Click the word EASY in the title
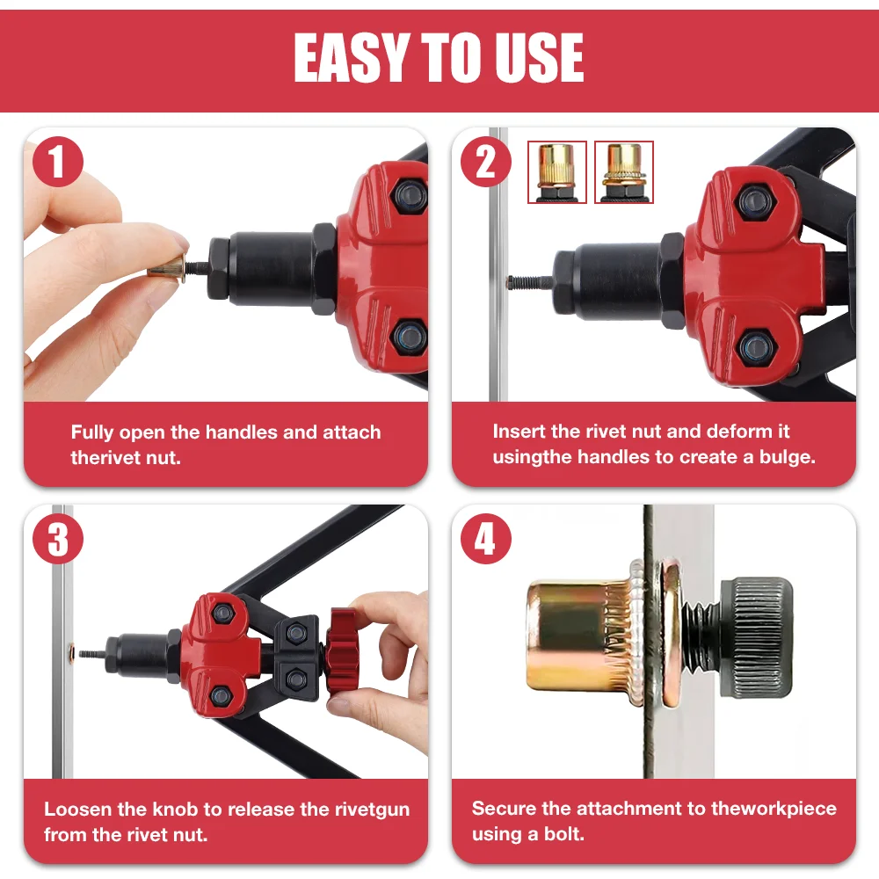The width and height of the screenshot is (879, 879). [350, 58]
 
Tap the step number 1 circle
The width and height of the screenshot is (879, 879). [58, 163]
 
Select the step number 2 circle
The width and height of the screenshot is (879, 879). [485, 163]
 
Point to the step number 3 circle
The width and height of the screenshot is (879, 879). [58, 540]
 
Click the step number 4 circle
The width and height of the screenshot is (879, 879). [485, 540]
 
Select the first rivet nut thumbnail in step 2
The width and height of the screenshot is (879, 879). [556, 172]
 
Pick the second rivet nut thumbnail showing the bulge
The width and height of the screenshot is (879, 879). [624, 172]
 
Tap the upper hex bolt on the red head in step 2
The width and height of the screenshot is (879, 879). [752, 204]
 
